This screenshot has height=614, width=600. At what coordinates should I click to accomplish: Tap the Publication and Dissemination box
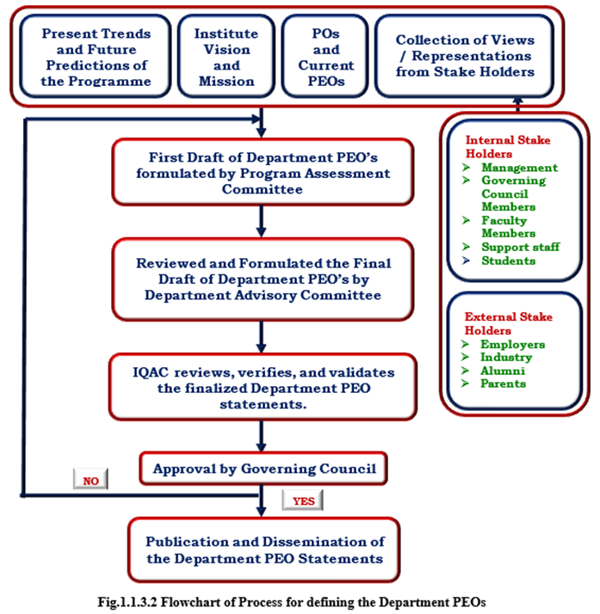pos(263,550)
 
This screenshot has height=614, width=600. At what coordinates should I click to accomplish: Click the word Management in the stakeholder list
pos(519,168)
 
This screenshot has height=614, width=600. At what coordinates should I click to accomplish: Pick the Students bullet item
pos(508,261)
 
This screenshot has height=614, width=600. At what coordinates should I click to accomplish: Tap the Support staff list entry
pos(520,247)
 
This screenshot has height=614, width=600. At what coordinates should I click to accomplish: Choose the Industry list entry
pos(507,357)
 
